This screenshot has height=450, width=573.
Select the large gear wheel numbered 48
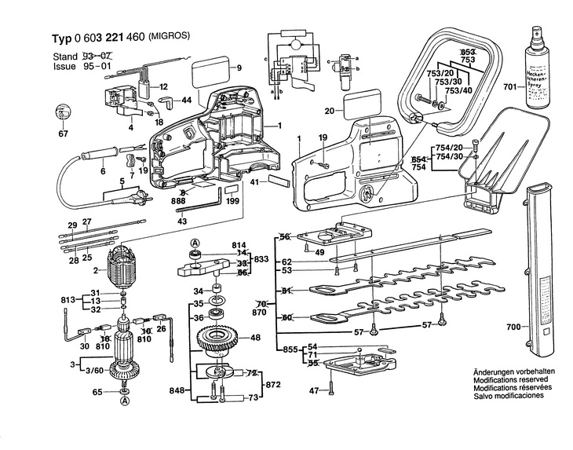[x=217, y=342]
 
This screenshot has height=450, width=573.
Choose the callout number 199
[x=232, y=202]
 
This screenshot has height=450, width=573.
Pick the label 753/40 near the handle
[x=458, y=91]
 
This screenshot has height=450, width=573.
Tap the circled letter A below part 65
[x=123, y=403]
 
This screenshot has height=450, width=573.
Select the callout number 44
[x=186, y=101]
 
